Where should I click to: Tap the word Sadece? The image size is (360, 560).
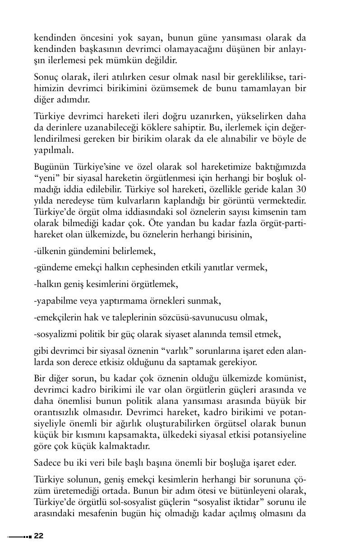tap(47, 463)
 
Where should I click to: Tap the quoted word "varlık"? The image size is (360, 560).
tap(196, 351)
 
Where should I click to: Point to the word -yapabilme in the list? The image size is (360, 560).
tap(55, 301)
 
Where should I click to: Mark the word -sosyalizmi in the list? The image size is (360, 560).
tap(56, 334)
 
